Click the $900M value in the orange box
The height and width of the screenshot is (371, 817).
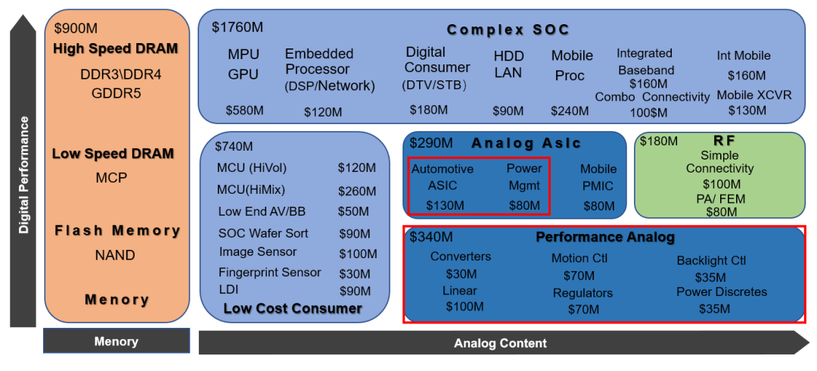76,28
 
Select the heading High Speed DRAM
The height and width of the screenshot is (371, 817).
115,49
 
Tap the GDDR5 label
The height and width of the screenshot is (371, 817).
116,93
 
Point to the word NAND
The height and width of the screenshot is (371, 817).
115,255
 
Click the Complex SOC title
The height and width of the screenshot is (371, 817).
508,30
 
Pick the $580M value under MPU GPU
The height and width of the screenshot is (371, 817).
245,110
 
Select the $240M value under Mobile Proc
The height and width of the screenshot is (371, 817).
570,111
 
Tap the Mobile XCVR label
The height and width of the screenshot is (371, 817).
754,95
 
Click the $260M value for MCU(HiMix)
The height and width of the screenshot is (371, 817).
357,191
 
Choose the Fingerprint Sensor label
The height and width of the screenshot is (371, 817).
270,273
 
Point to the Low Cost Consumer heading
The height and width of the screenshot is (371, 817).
293,308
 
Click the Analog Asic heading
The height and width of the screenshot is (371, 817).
526,143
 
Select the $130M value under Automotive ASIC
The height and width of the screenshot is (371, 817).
445,206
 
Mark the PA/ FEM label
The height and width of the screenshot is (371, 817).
721,199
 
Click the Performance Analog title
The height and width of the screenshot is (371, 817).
605,238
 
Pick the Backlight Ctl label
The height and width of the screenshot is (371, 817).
711,260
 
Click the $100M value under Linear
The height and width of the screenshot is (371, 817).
464,307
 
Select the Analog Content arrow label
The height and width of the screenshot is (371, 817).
500,343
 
